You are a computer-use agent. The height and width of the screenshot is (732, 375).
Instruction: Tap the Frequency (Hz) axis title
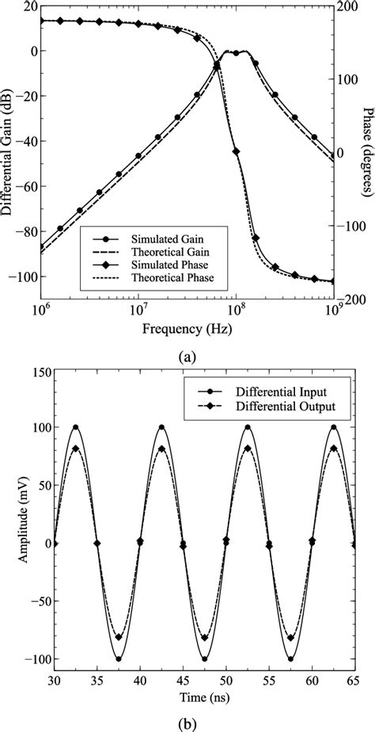pyautogui.click(x=187, y=326)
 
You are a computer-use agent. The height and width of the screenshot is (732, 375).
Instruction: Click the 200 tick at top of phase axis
pyautogui.click(x=350, y=6)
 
